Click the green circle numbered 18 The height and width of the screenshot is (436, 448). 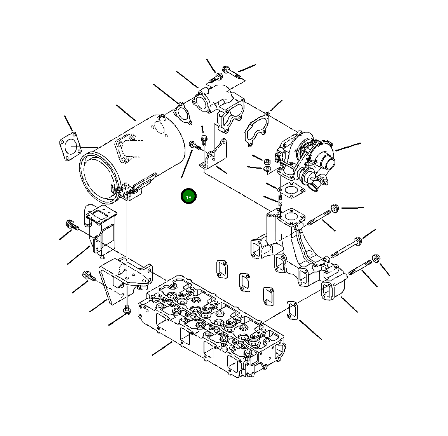pyautogui.click(x=188, y=196)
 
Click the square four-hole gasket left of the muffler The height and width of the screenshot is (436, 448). pyautogui.click(x=70, y=146)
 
